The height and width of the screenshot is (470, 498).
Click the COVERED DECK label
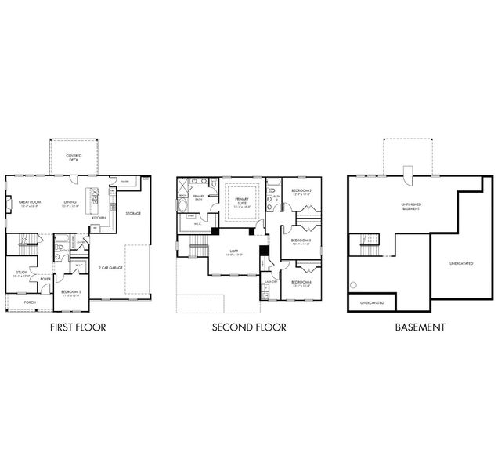coord(74,157)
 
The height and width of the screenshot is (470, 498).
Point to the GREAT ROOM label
coord(31,201)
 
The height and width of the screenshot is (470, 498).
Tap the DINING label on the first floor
coord(70,201)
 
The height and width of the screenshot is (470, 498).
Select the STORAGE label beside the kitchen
coord(133,212)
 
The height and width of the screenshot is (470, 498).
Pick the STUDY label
coord(22,273)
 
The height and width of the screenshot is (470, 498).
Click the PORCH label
coord(30,302)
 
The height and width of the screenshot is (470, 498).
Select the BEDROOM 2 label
coord(301,191)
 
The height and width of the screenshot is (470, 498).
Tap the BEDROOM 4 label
coord(301,282)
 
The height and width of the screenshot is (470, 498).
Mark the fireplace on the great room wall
coord(9,207)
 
